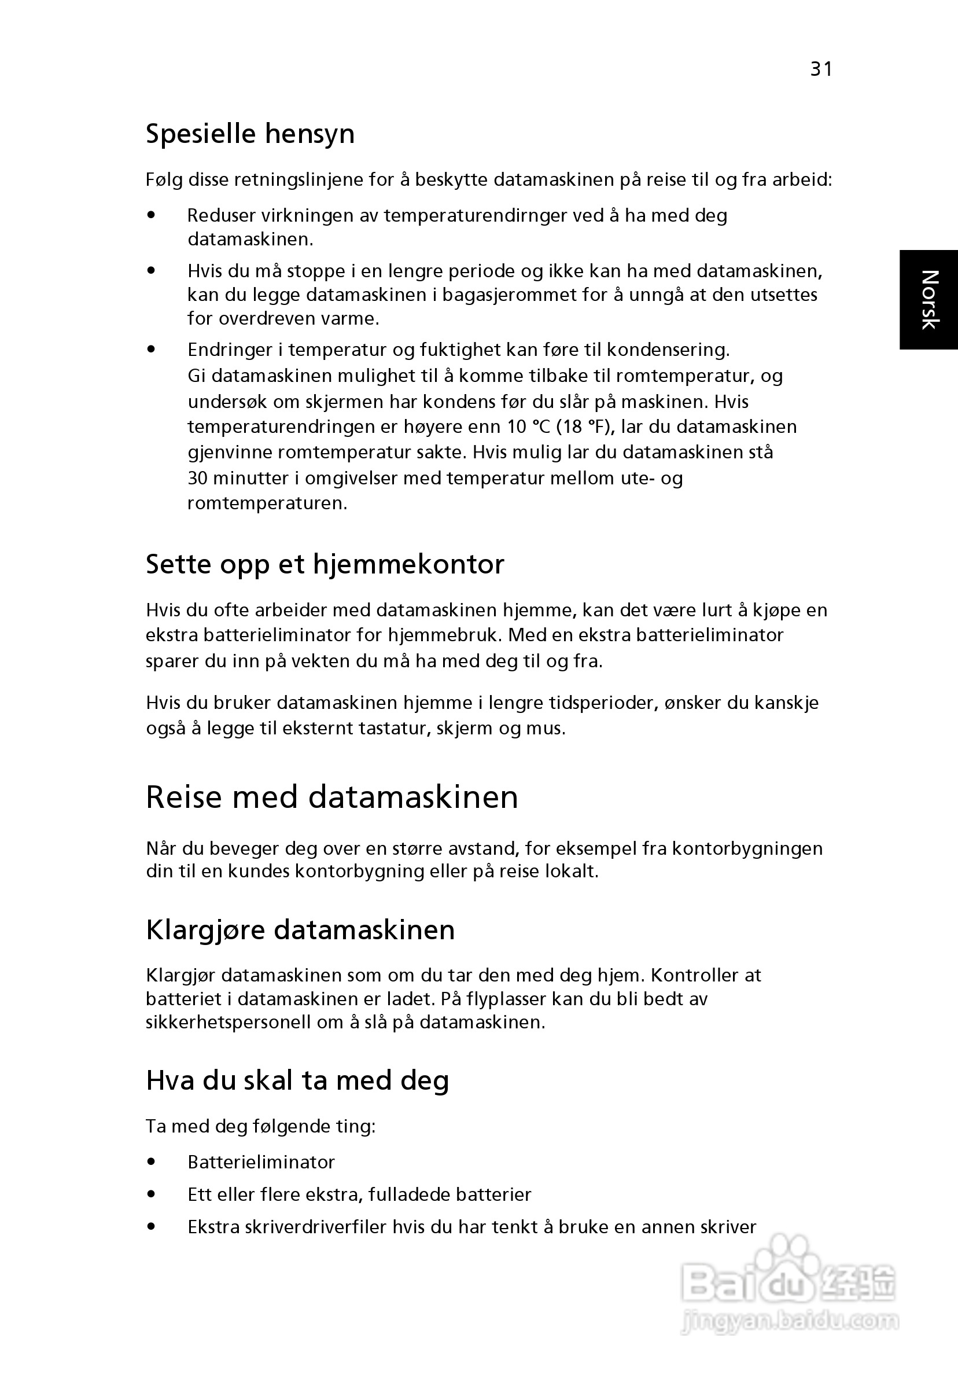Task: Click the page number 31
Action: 821,69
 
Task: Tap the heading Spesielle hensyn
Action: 250,134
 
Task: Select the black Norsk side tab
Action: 928,299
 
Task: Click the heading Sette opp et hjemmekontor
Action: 325,564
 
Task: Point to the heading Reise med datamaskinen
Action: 331,797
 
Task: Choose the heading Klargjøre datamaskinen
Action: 300,930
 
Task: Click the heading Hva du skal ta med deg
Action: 297,1080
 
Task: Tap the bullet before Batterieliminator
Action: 152,1163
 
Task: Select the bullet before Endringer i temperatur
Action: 152,349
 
